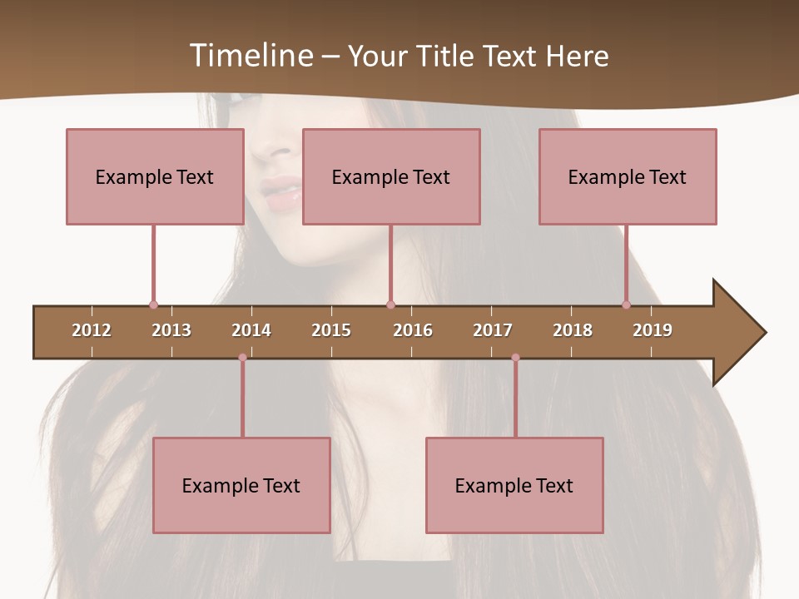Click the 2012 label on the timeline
pyautogui.click(x=92, y=330)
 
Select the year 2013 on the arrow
pyautogui.click(x=171, y=330)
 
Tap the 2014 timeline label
pyautogui.click(x=251, y=330)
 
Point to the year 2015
pyautogui.click(x=331, y=330)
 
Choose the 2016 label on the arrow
pyautogui.click(x=413, y=330)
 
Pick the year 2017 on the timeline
pyautogui.click(x=493, y=330)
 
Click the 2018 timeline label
pyautogui.click(x=573, y=330)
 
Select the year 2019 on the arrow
pyautogui.click(x=653, y=330)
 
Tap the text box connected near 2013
pyautogui.click(x=155, y=176)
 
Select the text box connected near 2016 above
pyautogui.click(x=391, y=176)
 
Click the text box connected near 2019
pyautogui.click(x=628, y=176)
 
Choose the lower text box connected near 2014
pyautogui.click(x=241, y=485)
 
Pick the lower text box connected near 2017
pyautogui.click(x=514, y=485)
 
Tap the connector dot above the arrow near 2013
pyautogui.click(x=153, y=305)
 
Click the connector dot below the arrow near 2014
pyautogui.click(x=242, y=358)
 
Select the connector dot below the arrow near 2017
pyautogui.click(x=515, y=358)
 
